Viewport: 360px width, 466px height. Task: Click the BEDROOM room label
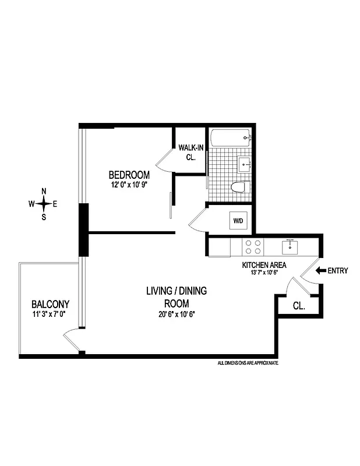pyautogui.click(x=129, y=175)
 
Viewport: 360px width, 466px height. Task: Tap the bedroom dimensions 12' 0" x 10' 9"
pyautogui.click(x=129, y=186)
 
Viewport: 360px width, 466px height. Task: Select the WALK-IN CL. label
pyautogui.click(x=190, y=153)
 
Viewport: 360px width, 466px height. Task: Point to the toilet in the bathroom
pyautogui.click(x=239, y=187)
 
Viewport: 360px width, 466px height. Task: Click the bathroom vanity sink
pyautogui.click(x=245, y=163)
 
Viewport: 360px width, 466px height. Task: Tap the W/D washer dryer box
pyautogui.click(x=238, y=221)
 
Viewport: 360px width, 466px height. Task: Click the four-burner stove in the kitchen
pyautogui.click(x=253, y=248)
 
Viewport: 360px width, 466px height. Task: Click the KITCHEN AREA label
pyautogui.click(x=263, y=265)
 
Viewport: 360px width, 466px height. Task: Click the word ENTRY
pyautogui.click(x=339, y=270)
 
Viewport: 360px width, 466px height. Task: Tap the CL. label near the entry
pyautogui.click(x=298, y=305)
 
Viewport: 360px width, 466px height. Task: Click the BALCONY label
pyautogui.click(x=51, y=304)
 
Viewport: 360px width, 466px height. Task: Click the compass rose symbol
pyautogui.click(x=43, y=203)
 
